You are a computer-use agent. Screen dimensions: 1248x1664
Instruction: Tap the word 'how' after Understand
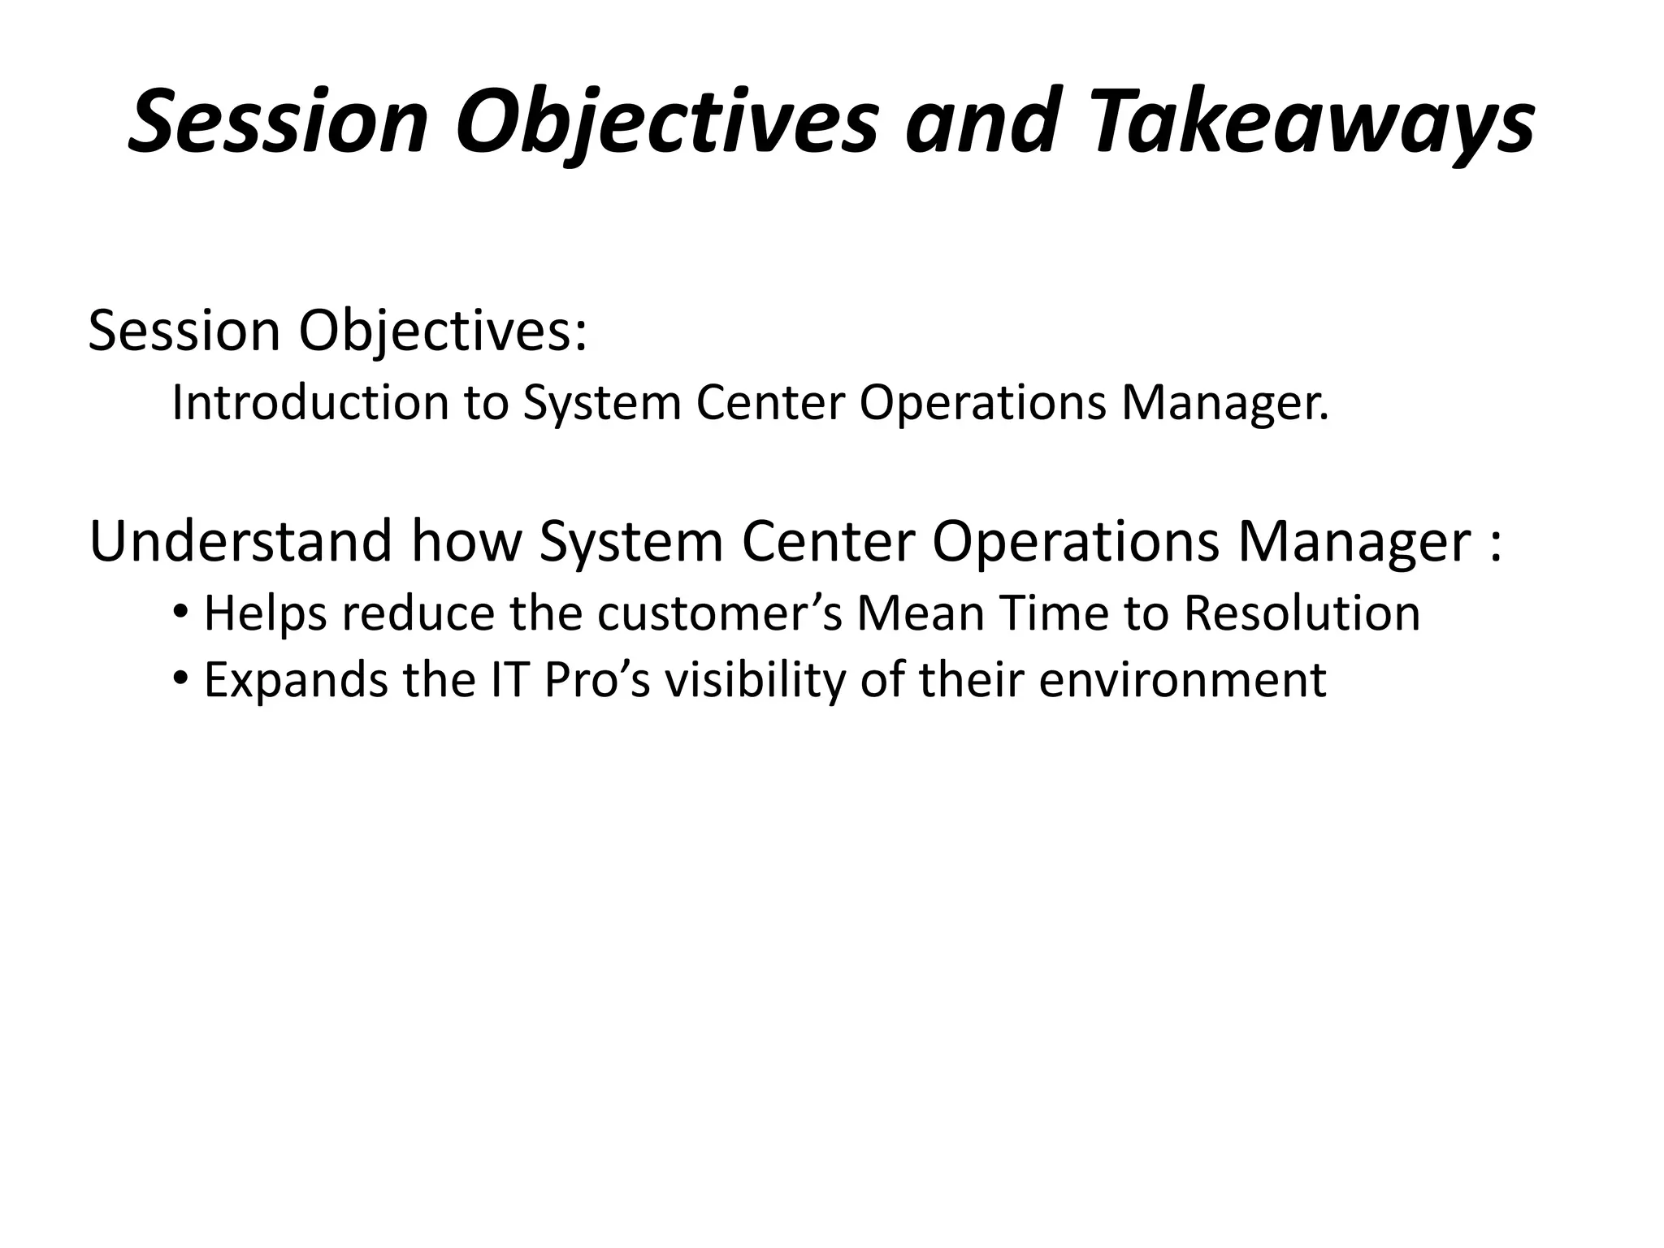465,541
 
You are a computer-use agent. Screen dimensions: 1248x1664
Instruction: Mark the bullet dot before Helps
180,610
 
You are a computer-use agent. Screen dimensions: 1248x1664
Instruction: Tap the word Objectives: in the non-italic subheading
443,332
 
